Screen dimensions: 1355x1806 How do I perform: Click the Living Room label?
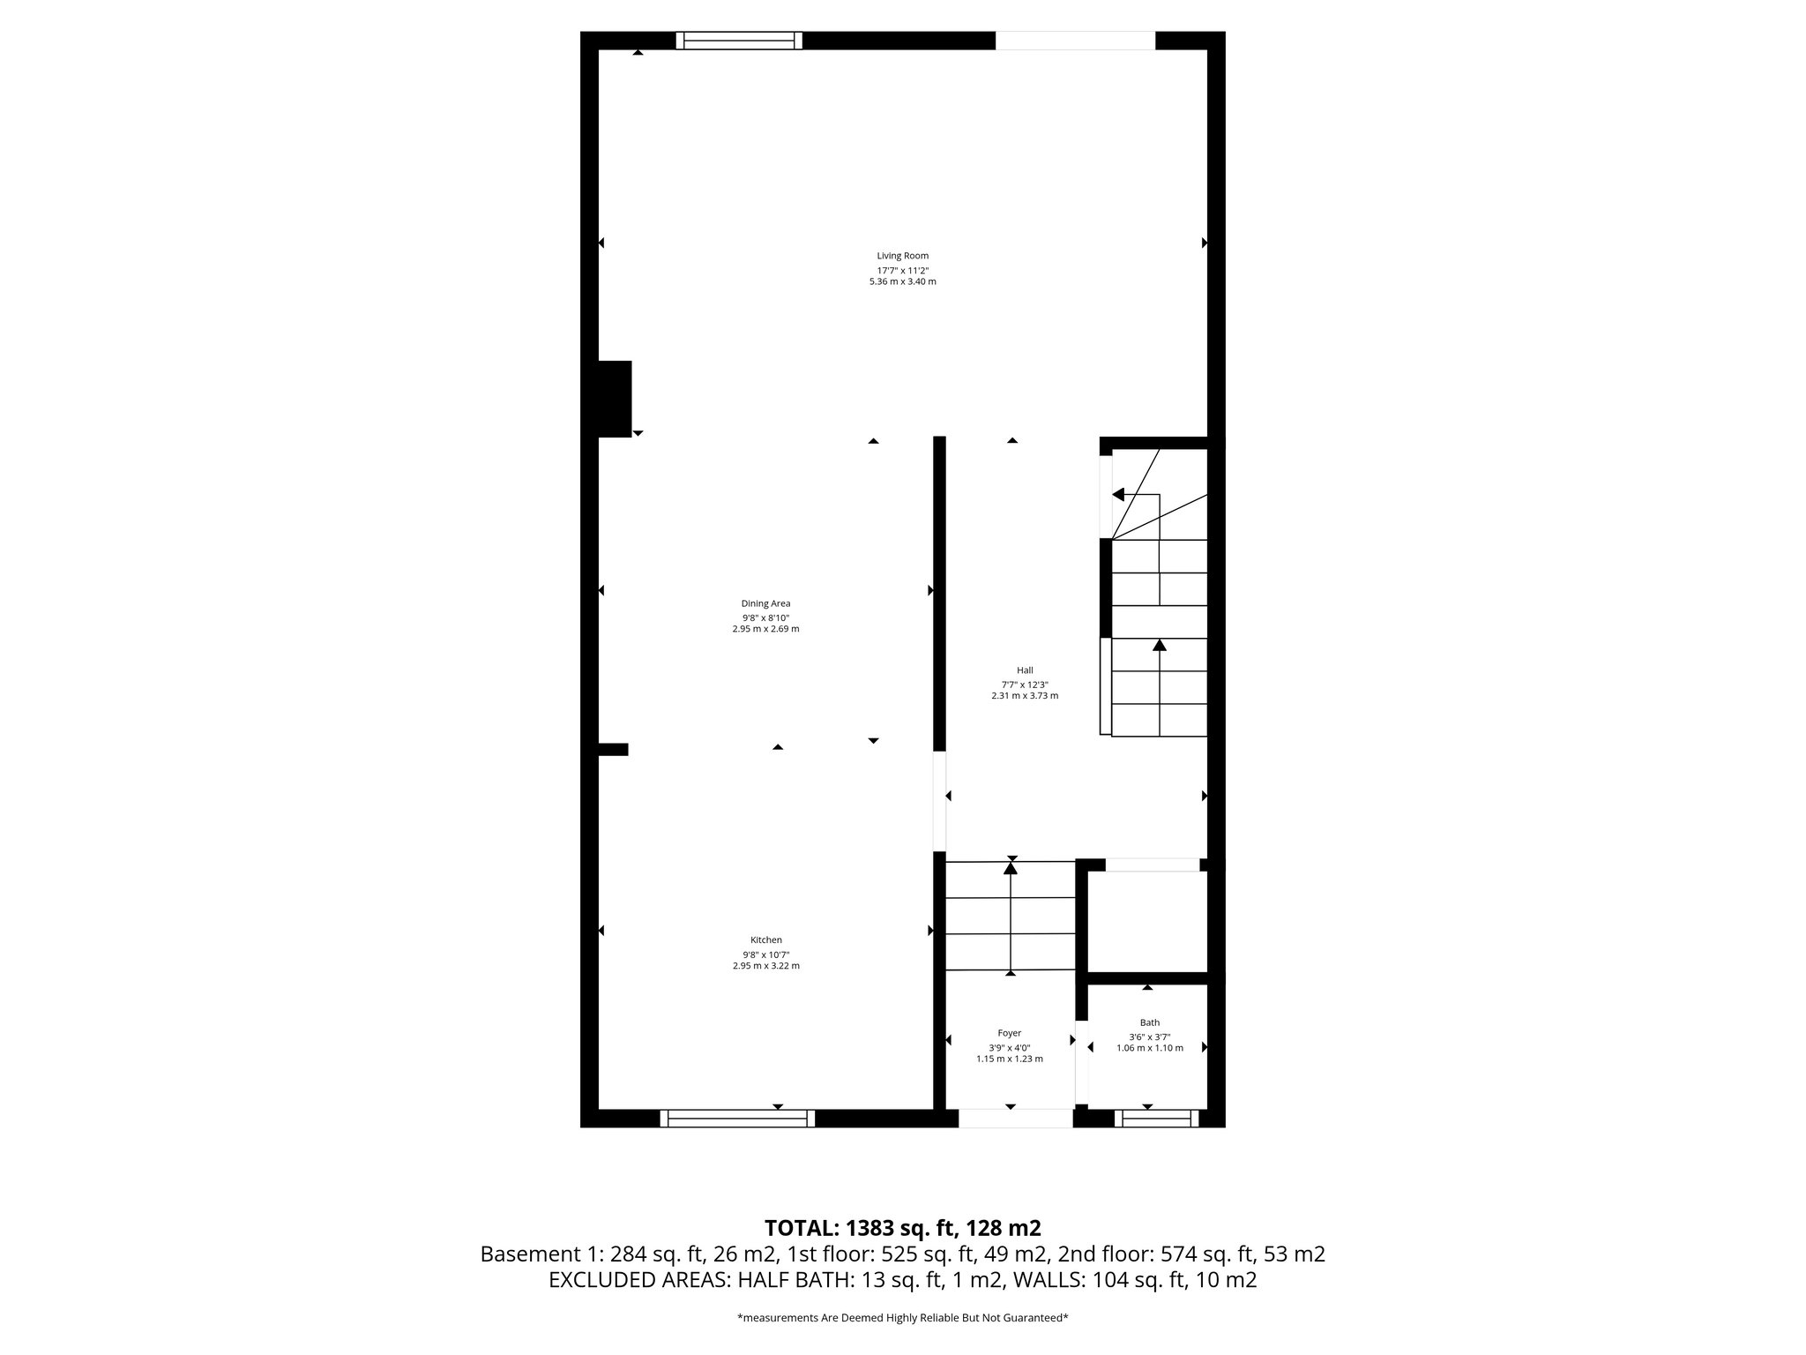pyautogui.click(x=902, y=256)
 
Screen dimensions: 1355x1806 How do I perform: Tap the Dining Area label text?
pyautogui.click(x=765, y=603)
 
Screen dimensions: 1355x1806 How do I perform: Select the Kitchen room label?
pyautogui.click(x=765, y=940)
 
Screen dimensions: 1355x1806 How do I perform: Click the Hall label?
pyautogui.click(x=1024, y=670)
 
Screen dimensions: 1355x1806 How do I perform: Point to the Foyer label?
pyautogui.click(x=1009, y=1033)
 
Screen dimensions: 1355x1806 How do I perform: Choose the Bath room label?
pyautogui.click(x=1149, y=1022)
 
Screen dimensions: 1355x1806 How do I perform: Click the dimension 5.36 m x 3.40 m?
pyautogui.click(x=902, y=281)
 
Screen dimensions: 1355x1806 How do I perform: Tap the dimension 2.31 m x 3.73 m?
pyautogui.click(x=1024, y=695)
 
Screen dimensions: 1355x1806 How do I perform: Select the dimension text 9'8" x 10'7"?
pyautogui.click(x=765, y=954)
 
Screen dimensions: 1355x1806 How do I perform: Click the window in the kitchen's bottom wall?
pyautogui.click(x=737, y=1119)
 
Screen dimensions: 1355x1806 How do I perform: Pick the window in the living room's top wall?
pyautogui.click(x=739, y=40)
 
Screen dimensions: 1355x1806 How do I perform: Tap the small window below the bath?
pyautogui.click(x=1156, y=1119)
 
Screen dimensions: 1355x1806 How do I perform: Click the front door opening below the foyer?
pyautogui.click(x=1015, y=1119)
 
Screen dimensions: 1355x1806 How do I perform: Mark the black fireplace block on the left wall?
pyautogui.click(x=615, y=399)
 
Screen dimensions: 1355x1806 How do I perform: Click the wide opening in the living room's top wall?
pyautogui.click(x=1075, y=40)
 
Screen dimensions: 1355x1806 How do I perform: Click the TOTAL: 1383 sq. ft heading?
pyautogui.click(x=902, y=1228)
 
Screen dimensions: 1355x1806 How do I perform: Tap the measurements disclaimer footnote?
pyautogui.click(x=902, y=1318)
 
